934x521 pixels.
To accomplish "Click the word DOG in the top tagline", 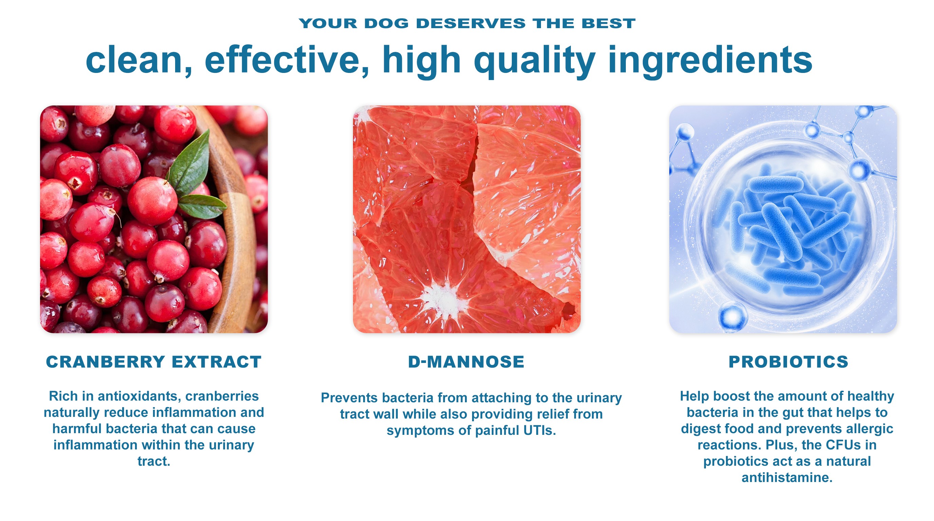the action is (386, 23).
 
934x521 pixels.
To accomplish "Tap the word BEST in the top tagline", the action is (609, 23).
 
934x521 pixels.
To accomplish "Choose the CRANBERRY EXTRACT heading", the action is (154, 362).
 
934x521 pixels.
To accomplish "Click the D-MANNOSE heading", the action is (466, 362).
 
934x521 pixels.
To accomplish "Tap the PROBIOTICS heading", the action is (789, 362).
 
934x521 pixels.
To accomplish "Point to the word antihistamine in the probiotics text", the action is (787, 478).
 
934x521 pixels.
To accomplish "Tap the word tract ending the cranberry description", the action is (154, 462).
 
